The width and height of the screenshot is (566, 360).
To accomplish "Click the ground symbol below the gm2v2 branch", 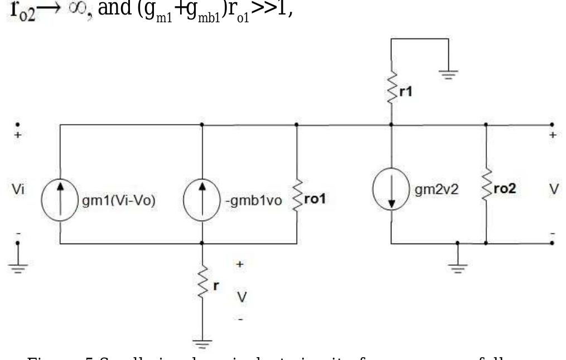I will point(457,265).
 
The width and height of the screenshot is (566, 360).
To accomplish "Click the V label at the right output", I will point(552,189).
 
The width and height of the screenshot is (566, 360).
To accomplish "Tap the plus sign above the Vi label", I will point(17,135).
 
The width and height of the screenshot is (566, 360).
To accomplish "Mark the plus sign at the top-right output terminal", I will point(552,135).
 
